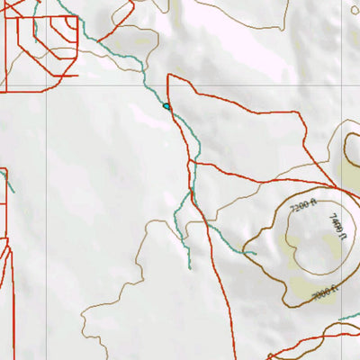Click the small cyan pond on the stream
166,106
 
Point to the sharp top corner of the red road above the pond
168,76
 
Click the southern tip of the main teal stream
190,267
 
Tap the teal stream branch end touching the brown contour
256,253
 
